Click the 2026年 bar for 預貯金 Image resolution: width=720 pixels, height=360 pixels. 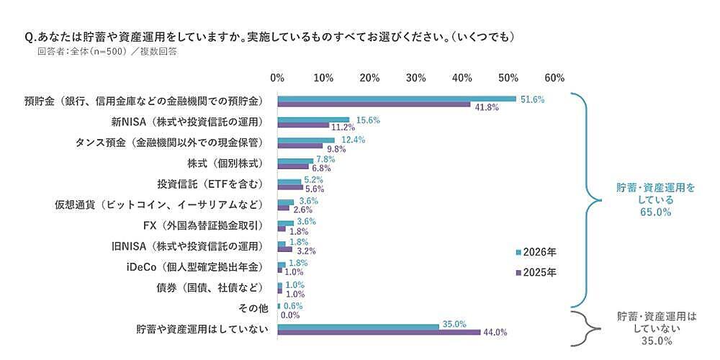(397, 99)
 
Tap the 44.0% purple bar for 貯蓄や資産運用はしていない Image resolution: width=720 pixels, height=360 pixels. (379, 332)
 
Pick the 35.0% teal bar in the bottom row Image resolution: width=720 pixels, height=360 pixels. (358, 325)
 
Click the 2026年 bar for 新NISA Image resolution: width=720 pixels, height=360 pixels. (313, 120)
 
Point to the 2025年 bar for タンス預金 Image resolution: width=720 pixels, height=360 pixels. (300, 147)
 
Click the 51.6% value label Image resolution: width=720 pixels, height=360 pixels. (533, 99)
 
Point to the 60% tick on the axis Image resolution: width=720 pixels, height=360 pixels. (554, 77)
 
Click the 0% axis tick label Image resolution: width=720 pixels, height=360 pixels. (277, 77)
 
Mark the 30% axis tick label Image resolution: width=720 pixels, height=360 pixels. (416, 77)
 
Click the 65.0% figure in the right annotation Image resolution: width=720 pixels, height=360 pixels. (655, 212)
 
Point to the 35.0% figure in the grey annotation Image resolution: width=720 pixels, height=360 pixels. (655, 341)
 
